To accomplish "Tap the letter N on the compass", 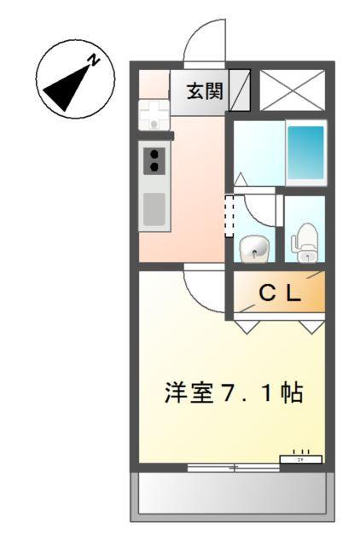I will coord(96,61).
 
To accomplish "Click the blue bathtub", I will coord(305,151).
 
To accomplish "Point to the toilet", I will coord(304,242).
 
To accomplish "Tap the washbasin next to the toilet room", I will coord(253,249).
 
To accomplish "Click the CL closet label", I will coord(280,294).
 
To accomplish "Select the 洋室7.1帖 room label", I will coord(233,394).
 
